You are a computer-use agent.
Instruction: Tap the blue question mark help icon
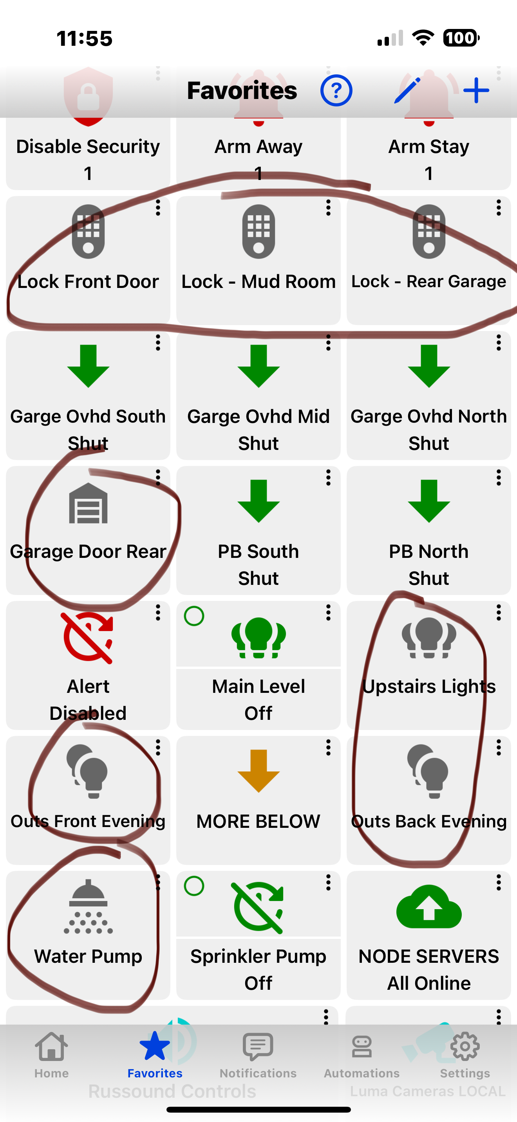336,91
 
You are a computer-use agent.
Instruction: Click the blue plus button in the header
476,91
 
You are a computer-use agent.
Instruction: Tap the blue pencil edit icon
407,91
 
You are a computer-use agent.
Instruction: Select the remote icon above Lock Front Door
88,231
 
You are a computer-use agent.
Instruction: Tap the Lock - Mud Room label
258,282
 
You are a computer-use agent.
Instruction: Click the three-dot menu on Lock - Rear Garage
498,208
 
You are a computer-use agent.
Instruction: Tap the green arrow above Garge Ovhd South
88,366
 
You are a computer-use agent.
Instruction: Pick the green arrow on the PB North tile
429,501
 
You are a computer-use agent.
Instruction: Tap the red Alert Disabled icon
88,638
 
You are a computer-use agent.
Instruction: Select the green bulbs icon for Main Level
258,638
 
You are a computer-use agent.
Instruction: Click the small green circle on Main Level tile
194,616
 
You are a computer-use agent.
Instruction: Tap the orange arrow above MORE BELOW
258,771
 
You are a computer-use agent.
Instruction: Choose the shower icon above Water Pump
88,907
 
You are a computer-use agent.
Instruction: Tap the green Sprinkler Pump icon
258,908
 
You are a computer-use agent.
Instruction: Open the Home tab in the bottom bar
51,1054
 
